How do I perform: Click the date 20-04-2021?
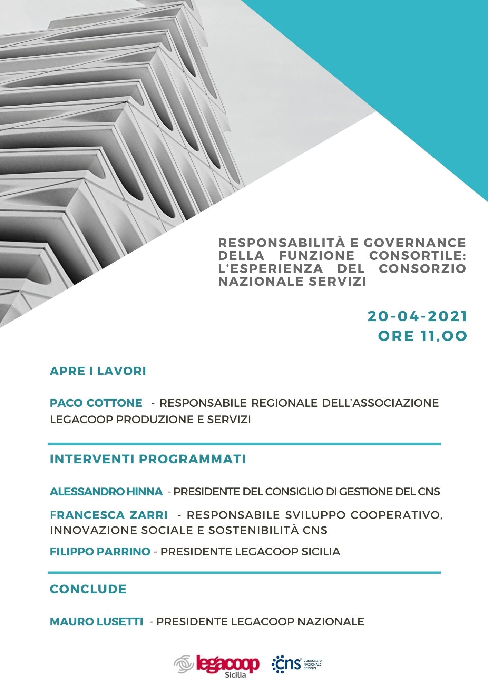417,316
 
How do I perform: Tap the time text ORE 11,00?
422,336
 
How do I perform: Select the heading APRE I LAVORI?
98,371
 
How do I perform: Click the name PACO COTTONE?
96,403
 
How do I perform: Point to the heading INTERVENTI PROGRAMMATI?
148,459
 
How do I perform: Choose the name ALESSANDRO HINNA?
106,491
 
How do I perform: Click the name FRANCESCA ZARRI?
109,515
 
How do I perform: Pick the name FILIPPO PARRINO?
100,551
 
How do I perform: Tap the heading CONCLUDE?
88,589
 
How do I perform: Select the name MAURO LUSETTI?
97,621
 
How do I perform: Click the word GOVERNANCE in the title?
415,243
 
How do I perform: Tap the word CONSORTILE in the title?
418,256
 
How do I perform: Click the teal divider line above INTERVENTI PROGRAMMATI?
244,444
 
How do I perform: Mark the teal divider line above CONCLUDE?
244,573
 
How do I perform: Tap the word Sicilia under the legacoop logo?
235,675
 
